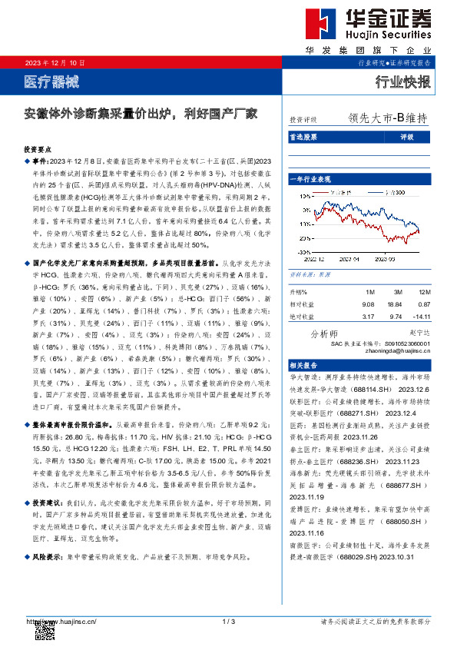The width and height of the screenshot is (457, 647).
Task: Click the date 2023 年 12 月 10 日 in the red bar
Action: coord(55,62)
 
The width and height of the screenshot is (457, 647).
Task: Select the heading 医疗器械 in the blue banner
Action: coord(52,81)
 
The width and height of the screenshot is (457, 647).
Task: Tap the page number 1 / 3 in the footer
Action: coord(227,620)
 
